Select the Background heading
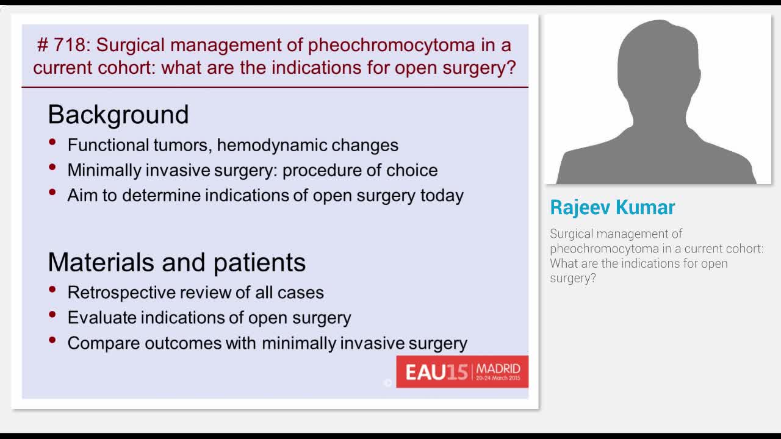pos(118,115)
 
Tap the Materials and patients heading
pos(176,262)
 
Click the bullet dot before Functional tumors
pos(53,142)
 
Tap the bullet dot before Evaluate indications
pos(53,315)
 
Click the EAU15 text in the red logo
pos(436,372)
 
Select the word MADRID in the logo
pos(498,368)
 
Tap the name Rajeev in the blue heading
pos(580,207)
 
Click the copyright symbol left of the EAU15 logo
pos(387,382)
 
